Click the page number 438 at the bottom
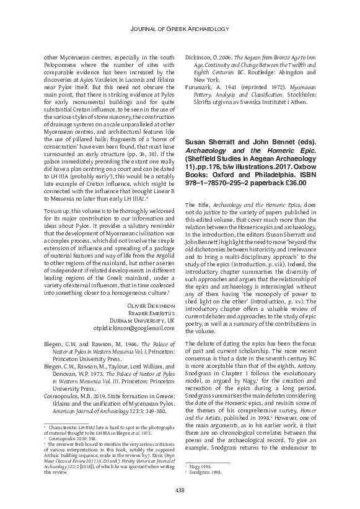coord(180,490)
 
